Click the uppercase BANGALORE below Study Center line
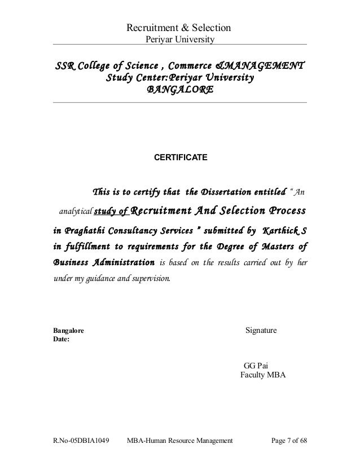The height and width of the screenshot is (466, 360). coord(180,90)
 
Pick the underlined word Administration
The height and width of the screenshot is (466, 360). coord(123,262)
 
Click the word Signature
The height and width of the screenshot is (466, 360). coord(261,329)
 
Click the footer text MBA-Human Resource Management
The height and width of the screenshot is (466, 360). coord(180,440)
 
